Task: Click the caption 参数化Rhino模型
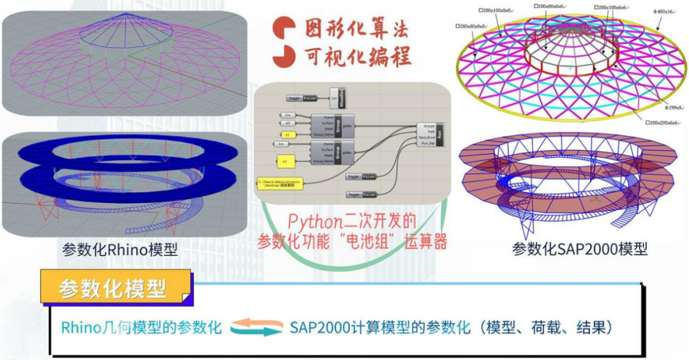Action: point(120,249)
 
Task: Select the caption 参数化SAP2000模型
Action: point(579,249)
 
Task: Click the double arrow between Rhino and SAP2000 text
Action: point(256,328)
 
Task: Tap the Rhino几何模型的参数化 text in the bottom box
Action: point(142,328)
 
